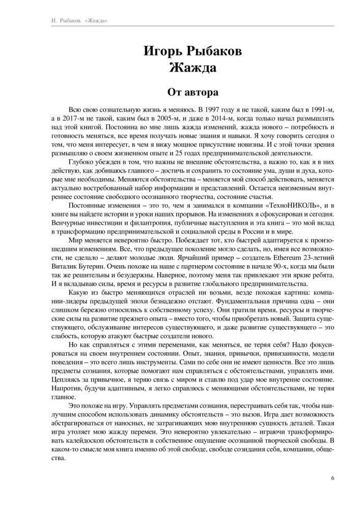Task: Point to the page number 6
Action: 333,478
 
